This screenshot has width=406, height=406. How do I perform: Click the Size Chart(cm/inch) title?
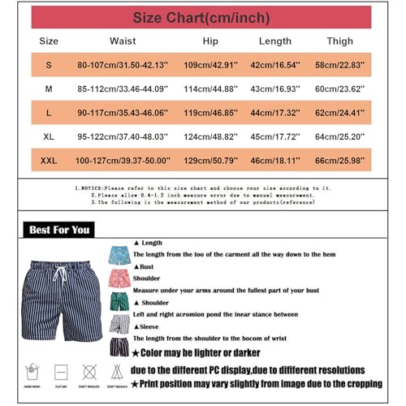[x=201, y=17]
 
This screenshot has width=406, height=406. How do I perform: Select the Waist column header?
[x=123, y=40]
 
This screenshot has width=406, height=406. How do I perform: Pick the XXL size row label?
[x=49, y=161]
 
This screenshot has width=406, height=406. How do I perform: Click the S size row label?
[x=49, y=63]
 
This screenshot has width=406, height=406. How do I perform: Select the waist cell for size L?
[x=123, y=113]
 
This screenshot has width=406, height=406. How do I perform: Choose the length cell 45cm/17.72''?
[x=275, y=136]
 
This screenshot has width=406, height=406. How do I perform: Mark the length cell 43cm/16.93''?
[x=275, y=89]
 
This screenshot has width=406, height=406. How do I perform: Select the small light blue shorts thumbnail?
[x=119, y=253]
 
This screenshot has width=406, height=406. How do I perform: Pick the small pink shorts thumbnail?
[x=119, y=278]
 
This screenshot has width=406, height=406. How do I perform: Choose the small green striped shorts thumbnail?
[x=119, y=301]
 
